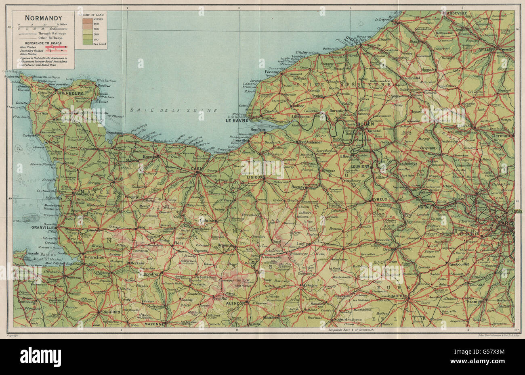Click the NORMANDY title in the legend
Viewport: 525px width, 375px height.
click(x=38, y=18)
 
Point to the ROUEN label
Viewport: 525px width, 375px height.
click(x=365, y=125)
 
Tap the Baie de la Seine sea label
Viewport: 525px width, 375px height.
click(x=174, y=110)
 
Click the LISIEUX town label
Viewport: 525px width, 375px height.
click(x=253, y=177)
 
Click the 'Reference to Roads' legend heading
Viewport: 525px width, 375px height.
click(x=42, y=43)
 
